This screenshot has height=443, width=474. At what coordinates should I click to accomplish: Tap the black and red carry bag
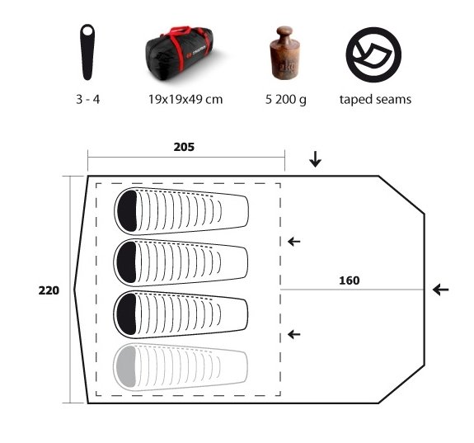pyautogui.click(x=181, y=54)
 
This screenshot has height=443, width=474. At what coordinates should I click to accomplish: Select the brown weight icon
pyautogui.click(x=284, y=53)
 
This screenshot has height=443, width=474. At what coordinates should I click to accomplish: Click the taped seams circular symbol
pyautogui.click(x=373, y=54)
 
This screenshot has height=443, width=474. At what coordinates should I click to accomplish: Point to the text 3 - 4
pyautogui.click(x=87, y=99)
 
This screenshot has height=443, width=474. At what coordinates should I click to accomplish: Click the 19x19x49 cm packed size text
pyautogui.click(x=185, y=99)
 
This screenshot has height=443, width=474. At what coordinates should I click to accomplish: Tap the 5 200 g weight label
pyautogui.click(x=286, y=100)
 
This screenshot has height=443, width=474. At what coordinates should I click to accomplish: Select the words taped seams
pyautogui.click(x=375, y=100)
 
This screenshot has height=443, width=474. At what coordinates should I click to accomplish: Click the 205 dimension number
pyautogui.click(x=184, y=147)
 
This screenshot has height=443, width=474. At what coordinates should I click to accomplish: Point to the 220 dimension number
pyautogui.click(x=49, y=290)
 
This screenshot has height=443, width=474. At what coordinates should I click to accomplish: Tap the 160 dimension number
pyautogui.click(x=350, y=280)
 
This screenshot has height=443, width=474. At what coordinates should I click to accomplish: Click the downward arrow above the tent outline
pyautogui.click(x=315, y=159)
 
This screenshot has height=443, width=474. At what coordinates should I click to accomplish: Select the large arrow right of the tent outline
pyautogui.click(x=440, y=290)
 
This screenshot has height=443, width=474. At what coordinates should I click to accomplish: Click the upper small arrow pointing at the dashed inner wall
pyautogui.click(x=293, y=242)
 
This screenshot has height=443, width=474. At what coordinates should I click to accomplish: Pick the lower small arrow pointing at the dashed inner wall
pyautogui.click(x=293, y=334)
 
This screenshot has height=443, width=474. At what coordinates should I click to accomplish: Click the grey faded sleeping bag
pyautogui.click(x=181, y=367)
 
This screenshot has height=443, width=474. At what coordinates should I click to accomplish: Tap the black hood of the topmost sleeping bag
pyautogui.click(x=127, y=211)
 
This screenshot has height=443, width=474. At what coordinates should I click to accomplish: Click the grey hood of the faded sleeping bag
pyautogui.click(x=126, y=367)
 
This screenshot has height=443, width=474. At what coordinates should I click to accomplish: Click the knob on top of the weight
pyautogui.click(x=284, y=31)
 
